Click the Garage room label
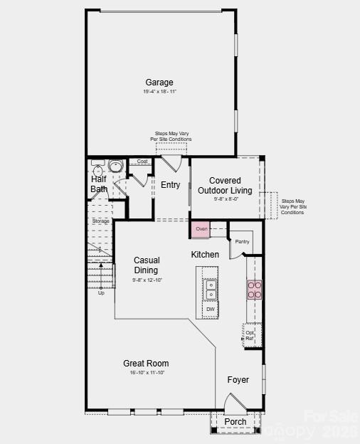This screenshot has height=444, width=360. (159, 83)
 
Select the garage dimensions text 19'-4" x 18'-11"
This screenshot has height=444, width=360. (159, 92)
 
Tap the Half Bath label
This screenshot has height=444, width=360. (99, 184)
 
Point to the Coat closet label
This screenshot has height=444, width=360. (142, 162)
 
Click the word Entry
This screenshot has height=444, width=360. (170, 185)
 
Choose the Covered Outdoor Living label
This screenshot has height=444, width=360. (225, 186)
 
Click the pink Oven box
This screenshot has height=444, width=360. (201, 229)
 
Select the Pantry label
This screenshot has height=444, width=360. (243, 241)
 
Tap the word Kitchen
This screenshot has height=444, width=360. (205, 255)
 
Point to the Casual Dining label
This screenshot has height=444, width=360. (147, 265)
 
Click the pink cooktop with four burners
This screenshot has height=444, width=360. (254, 289)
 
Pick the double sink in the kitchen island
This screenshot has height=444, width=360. (211, 290)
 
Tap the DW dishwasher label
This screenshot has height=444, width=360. (211, 310)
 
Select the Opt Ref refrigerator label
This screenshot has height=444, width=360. (250, 335)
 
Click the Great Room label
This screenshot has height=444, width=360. (146, 364)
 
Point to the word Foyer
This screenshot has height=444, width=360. (238, 380)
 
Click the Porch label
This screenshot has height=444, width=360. (235, 422)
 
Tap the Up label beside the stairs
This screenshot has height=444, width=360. (101, 292)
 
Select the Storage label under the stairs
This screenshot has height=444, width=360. (100, 221)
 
